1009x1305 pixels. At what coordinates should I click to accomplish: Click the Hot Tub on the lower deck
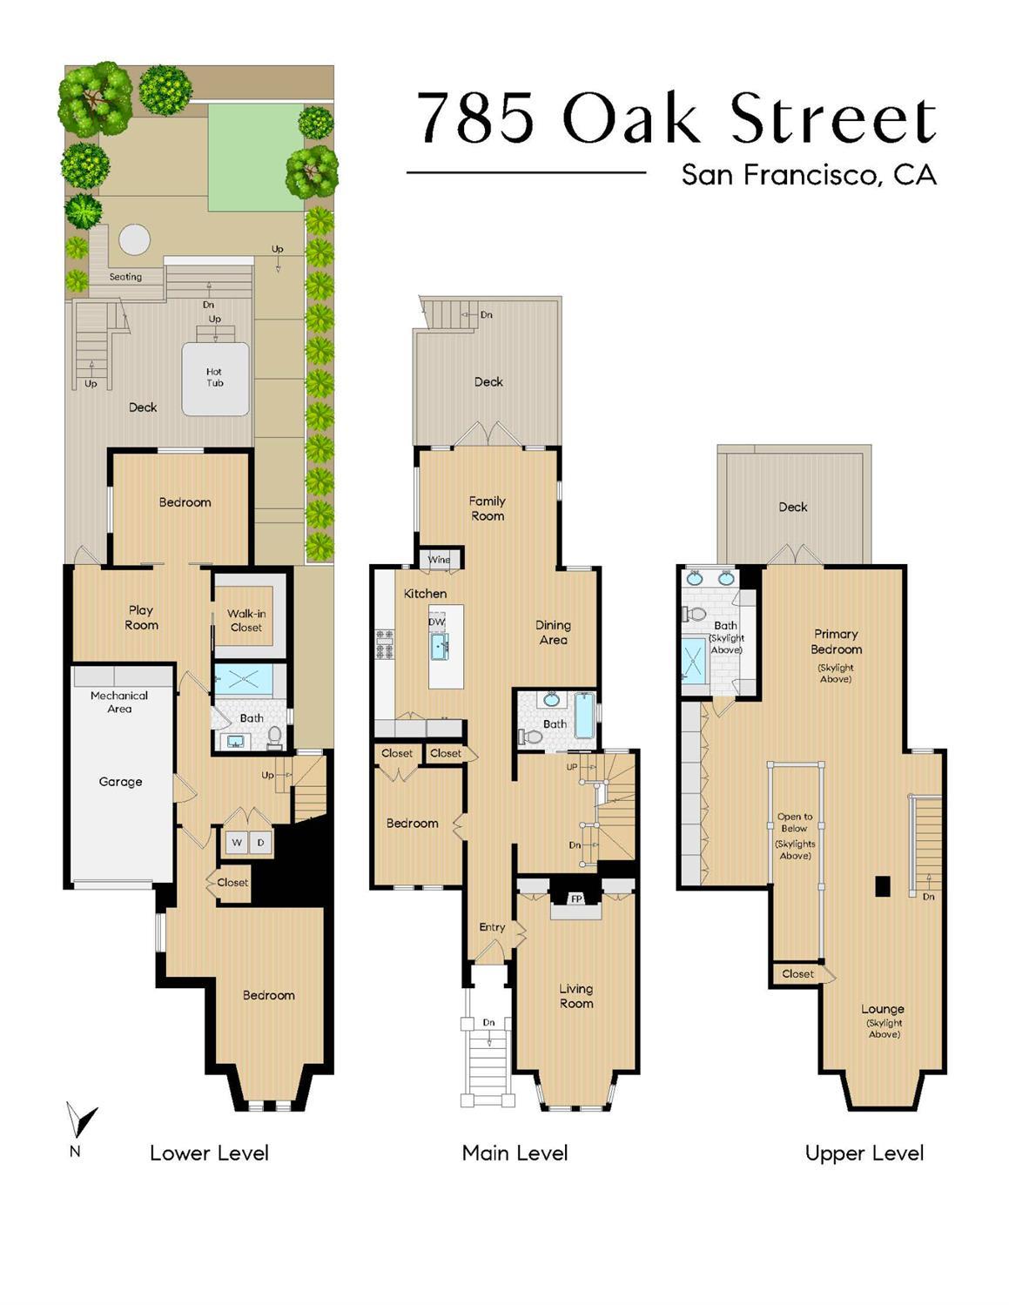click(215, 378)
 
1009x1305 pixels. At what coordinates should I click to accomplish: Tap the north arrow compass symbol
click(81, 1122)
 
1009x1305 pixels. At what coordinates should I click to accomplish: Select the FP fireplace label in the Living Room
click(575, 898)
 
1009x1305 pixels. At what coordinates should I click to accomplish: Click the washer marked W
click(237, 843)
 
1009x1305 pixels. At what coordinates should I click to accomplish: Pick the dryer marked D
click(260, 843)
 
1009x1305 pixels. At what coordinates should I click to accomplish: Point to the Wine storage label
click(440, 559)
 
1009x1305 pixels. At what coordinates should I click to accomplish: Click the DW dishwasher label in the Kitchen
click(436, 622)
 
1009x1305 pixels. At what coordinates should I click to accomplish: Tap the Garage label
click(120, 782)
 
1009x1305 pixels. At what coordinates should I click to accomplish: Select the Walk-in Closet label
click(246, 620)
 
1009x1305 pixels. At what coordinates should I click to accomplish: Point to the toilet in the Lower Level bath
click(275, 737)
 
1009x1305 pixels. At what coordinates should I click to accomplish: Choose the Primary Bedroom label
click(836, 642)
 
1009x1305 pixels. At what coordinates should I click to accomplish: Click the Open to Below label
click(795, 823)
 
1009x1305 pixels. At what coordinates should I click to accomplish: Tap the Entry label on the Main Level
click(492, 927)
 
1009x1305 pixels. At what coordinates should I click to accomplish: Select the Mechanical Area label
click(119, 702)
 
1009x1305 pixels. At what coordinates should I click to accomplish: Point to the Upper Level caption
click(864, 1154)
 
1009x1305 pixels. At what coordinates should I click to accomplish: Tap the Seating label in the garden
click(125, 277)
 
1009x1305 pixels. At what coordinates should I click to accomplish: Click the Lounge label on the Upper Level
click(882, 1009)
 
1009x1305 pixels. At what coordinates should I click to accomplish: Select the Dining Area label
click(553, 632)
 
